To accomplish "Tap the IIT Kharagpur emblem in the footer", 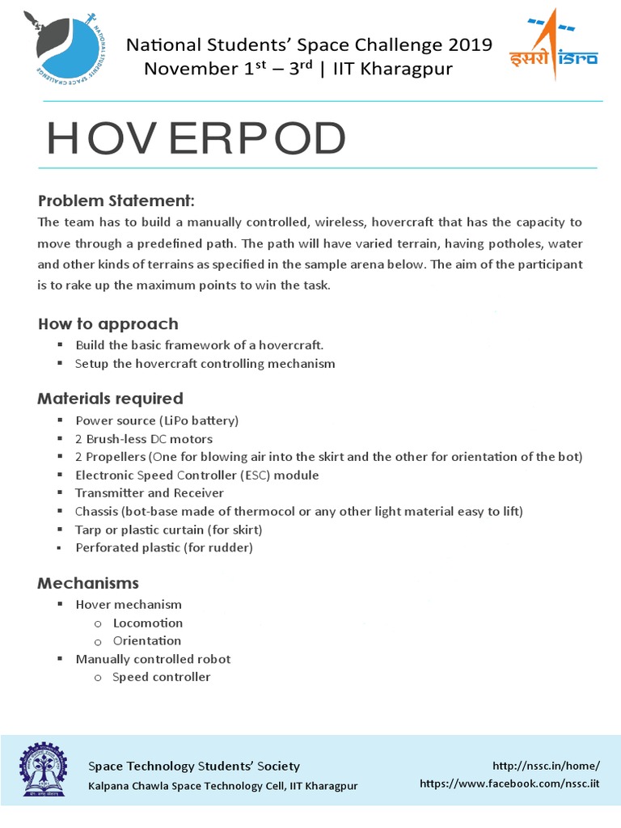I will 44,775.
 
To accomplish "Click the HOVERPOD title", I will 196,141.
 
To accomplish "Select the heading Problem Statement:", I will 116,201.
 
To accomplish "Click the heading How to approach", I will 108,323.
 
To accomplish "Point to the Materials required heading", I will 110,398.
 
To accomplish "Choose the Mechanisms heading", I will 88,582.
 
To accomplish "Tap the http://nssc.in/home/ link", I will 546,765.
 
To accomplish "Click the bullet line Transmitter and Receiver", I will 150,492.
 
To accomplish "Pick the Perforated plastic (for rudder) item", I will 164,547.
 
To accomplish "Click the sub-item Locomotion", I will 148,623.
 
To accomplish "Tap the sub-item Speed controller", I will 162,677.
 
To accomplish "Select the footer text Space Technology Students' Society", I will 193,766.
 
